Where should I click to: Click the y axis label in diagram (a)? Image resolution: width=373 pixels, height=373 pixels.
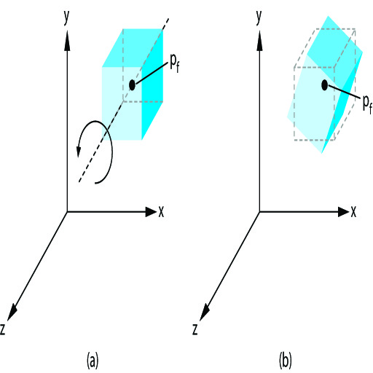point(66,17)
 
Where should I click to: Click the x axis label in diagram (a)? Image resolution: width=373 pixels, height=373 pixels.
point(161,212)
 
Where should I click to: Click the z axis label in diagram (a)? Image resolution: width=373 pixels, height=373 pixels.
point(3,330)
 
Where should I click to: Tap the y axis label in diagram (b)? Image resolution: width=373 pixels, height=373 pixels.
point(259,17)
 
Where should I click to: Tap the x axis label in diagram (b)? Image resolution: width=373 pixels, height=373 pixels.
point(353,212)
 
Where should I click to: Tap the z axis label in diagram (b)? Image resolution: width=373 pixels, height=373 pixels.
point(195,330)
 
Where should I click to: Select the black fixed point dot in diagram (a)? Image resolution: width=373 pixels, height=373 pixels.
point(132,85)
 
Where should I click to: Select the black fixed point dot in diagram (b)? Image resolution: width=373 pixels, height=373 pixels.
point(324,85)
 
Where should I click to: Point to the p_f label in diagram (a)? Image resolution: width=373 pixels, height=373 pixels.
point(175,63)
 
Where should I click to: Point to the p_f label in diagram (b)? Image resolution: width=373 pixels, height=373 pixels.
point(367,103)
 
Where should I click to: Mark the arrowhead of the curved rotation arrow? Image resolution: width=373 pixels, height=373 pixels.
point(78,152)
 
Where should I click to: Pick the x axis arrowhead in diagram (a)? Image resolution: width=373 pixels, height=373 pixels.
point(151,212)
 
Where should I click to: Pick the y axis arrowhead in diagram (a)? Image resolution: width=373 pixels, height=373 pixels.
point(67,41)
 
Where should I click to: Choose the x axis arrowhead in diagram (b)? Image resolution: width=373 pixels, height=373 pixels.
point(343,212)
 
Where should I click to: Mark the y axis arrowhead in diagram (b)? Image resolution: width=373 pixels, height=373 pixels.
point(260,41)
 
